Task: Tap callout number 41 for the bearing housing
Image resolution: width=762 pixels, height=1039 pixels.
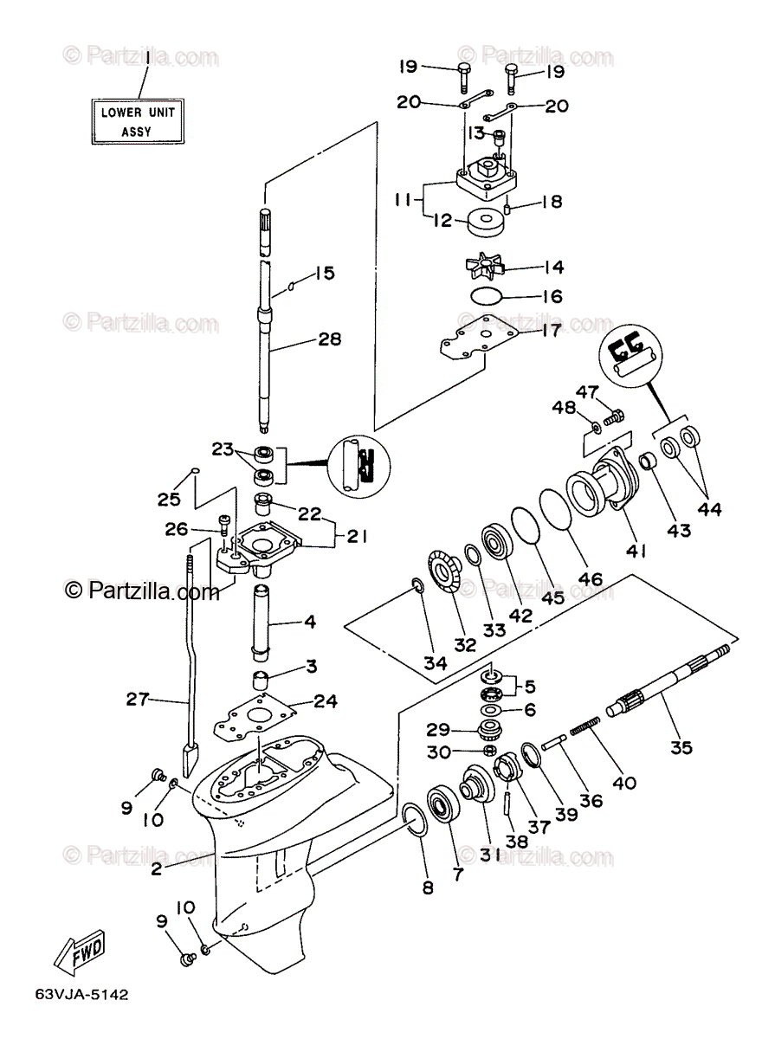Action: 636,551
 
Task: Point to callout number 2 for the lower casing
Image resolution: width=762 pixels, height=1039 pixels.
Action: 156,867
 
